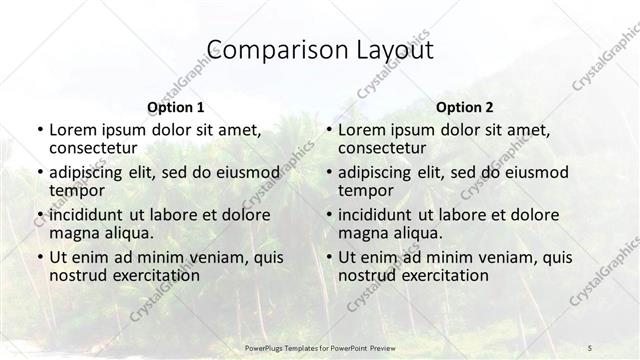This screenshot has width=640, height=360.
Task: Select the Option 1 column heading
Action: tap(175, 106)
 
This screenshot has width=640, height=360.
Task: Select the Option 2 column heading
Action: tap(463, 106)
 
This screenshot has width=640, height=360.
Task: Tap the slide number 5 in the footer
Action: tap(590, 347)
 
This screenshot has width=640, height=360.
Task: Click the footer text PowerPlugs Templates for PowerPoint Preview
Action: tap(320, 347)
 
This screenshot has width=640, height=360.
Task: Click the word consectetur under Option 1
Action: tap(93, 148)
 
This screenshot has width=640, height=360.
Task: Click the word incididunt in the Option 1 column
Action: tap(87, 215)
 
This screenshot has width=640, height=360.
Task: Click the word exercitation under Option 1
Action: tap(156, 275)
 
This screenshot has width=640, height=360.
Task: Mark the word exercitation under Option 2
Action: tap(445, 275)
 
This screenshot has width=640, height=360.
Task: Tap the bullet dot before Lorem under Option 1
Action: tap(39, 130)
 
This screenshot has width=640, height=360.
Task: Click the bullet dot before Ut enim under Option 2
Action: tap(328, 257)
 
